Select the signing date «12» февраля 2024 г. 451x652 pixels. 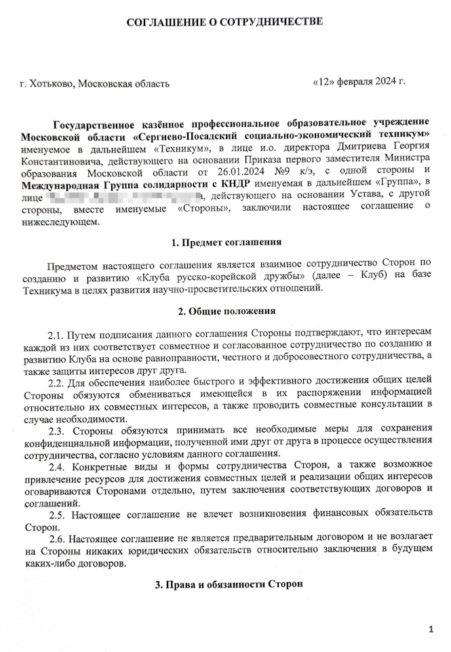[359, 81]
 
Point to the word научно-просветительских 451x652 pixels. [250, 288]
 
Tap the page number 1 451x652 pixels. [431, 630]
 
